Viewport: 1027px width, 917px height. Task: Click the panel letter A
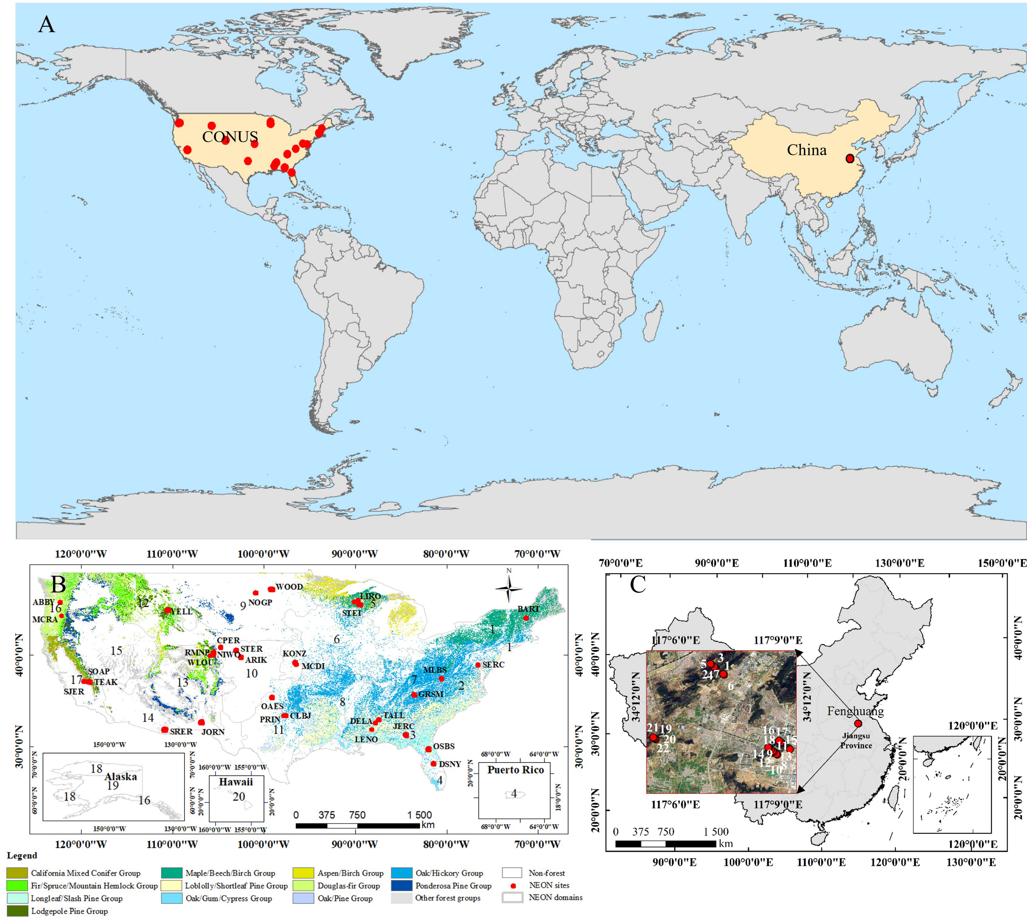[46, 24]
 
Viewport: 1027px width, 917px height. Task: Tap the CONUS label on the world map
[230, 137]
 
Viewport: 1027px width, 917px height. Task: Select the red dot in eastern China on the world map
[850, 159]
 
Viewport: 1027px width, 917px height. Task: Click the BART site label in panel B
[528, 609]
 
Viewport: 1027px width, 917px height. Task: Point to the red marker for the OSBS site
[428, 749]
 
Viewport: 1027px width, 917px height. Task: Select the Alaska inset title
[121, 776]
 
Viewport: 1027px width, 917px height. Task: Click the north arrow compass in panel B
[509, 588]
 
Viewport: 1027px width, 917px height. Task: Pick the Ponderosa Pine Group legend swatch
[401, 885]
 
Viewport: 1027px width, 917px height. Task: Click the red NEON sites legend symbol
[513, 885]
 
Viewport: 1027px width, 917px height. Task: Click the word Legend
[22, 855]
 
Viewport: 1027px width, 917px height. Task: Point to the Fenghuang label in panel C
[855, 711]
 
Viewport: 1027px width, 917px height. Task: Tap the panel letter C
[638, 584]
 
